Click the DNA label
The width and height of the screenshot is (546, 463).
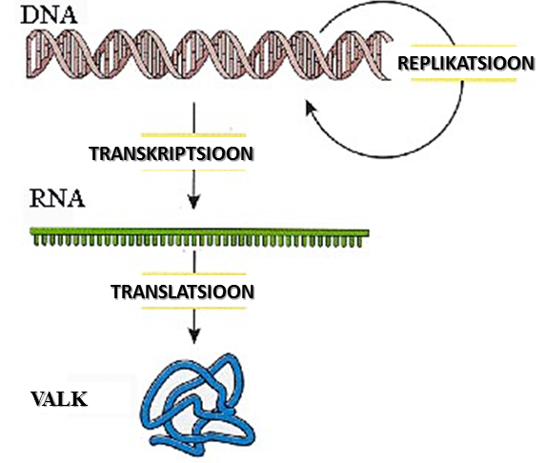[49, 14]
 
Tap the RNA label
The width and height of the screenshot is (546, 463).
[57, 198]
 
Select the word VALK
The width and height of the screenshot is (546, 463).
[59, 399]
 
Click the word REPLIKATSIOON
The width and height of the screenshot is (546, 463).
[466, 64]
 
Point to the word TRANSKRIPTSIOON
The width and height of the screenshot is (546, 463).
[172, 153]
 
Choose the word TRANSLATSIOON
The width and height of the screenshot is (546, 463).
[182, 292]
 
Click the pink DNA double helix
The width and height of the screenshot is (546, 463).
[210, 54]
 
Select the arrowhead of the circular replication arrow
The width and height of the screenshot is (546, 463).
[311, 108]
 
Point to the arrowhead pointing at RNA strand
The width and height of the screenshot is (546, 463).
[194, 202]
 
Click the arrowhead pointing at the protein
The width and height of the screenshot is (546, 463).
[194, 336]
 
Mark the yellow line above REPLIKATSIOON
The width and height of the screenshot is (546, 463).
[463, 46]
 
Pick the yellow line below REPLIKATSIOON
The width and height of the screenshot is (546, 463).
[463, 80]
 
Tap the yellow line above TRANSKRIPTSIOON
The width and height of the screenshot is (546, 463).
[193, 135]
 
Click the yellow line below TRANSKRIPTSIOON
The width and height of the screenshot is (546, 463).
[193, 171]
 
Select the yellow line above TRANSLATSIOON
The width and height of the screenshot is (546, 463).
[194, 274]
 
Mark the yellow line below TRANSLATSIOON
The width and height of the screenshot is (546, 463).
[194, 308]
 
